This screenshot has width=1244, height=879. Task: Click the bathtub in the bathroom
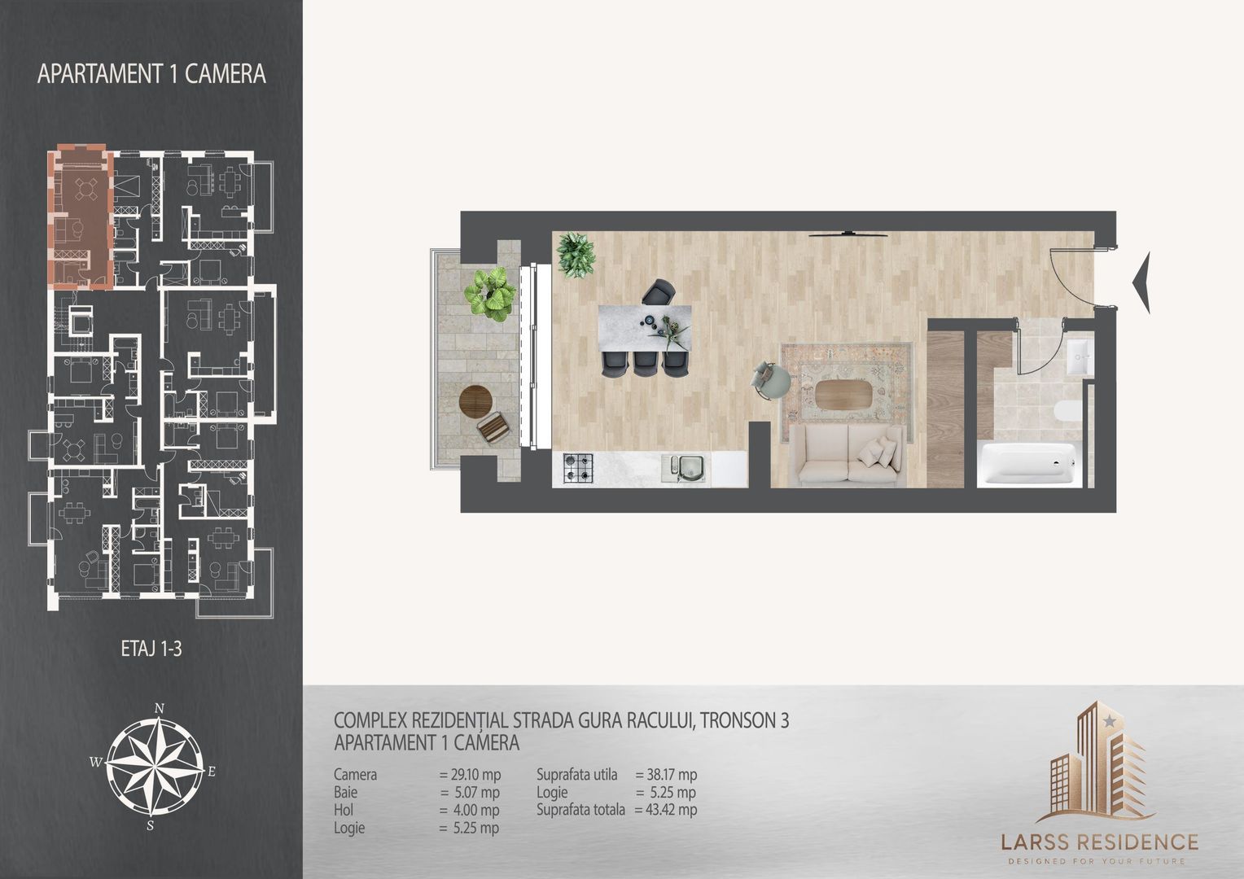click(x=1029, y=465)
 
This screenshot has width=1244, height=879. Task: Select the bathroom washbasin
click(x=1077, y=356)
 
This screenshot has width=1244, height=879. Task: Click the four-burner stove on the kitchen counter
click(x=578, y=469)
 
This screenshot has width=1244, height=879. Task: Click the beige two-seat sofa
click(x=848, y=454)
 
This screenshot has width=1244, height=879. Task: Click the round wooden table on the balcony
click(x=476, y=400)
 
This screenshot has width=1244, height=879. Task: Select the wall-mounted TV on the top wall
click(x=848, y=234)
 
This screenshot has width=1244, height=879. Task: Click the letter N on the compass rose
click(x=160, y=708)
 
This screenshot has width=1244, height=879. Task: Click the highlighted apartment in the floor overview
click(x=80, y=216)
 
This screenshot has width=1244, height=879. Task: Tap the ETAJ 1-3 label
click(x=151, y=649)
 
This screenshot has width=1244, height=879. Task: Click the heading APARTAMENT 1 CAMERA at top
click(x=151, y=74)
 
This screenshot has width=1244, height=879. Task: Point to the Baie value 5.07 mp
click(x=470, y=792)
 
